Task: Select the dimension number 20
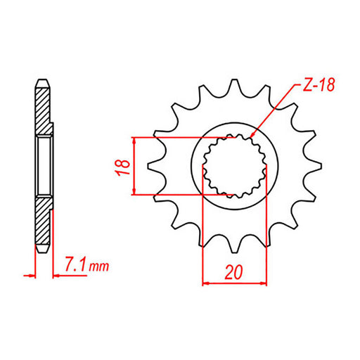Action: pos(236,271)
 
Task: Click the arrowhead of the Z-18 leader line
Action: pos(250,134)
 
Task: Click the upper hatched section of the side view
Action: pos(44,109)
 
